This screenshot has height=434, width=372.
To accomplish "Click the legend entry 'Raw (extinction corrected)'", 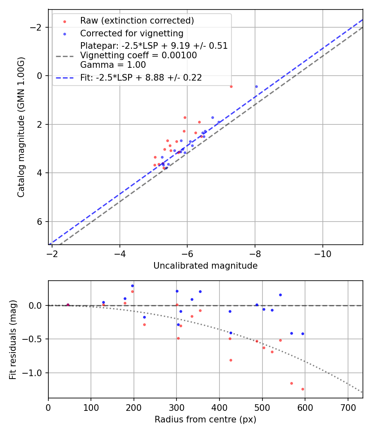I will click(137, 21).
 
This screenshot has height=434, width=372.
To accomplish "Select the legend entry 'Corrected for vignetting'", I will click(131, 33).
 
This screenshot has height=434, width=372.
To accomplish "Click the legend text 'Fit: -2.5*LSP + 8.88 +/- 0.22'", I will click(141, 78).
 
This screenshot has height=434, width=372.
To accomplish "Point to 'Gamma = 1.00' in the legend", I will click(113, 65).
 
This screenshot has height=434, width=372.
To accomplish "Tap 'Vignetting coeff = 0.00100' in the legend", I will click(138, 55).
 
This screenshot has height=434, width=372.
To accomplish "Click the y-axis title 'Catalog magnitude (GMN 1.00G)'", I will click(21, 127).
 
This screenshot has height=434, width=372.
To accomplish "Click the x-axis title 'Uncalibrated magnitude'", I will click(205, 266).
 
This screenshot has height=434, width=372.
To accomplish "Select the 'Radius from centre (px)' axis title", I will click(205, 420).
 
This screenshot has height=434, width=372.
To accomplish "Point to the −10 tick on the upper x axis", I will click(322, 254).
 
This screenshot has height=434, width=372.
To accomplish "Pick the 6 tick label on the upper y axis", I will click(40, 222).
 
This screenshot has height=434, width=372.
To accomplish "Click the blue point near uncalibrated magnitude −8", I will click(256, 86).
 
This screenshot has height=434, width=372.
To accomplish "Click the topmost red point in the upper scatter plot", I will click(231, 86).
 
